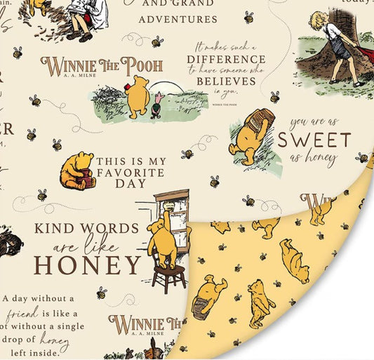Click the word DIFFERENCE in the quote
pyautogui.click(x=226, y=59)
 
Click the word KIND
pyautogui.click(x=58, y=229)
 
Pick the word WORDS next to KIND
pyautogui.click(x=114, y=229)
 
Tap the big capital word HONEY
pyautogui.click(x=88, y=265)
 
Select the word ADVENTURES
pyautogui.click(x=178, y=19)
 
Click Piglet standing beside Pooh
pyautogui.click(x=156, y=105)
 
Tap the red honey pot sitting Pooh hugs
pyautogui.click(x=85, y=181)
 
